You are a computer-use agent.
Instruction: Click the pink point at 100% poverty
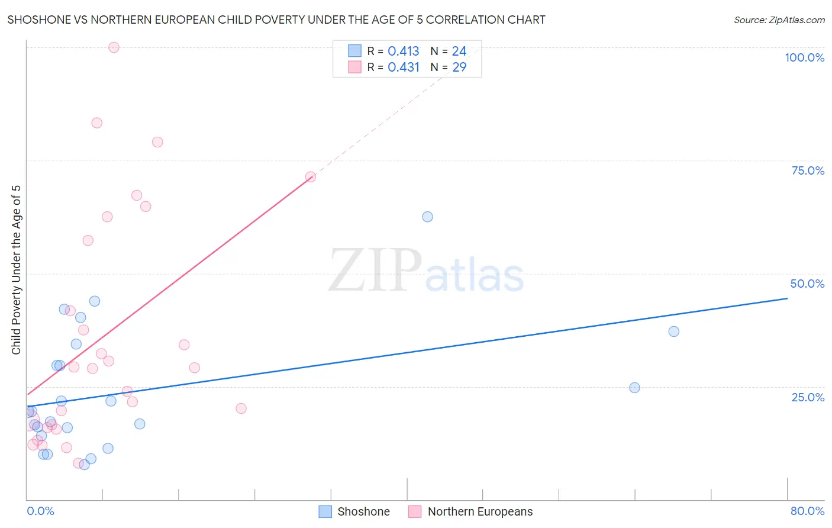coord(114,47)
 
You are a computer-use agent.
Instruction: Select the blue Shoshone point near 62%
coord(427,217)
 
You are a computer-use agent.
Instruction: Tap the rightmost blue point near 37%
coord(673,331)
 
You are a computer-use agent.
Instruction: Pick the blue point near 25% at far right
coord(634,388)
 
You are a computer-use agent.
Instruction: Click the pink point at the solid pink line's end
coord(311,177)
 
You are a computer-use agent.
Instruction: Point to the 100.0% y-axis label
coord(804,57)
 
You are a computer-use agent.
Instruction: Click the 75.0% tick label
coord(808,170)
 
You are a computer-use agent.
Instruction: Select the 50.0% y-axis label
coord(807,284)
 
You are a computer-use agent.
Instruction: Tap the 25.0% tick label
coord(808,397)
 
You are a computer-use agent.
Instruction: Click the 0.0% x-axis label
coord(40,511)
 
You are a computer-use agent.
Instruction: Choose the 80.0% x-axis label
coord(807,511)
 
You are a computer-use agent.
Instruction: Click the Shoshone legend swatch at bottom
coord(325,511)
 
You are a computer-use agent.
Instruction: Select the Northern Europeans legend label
coord(480,511)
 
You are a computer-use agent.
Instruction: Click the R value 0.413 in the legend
coord(403,51)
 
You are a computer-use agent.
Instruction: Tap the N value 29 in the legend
coord(459,67)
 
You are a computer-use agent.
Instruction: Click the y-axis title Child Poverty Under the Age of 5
coord(16,270)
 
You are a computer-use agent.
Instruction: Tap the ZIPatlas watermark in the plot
coord(426,271)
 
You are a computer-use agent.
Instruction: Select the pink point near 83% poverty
coord(96,123)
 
